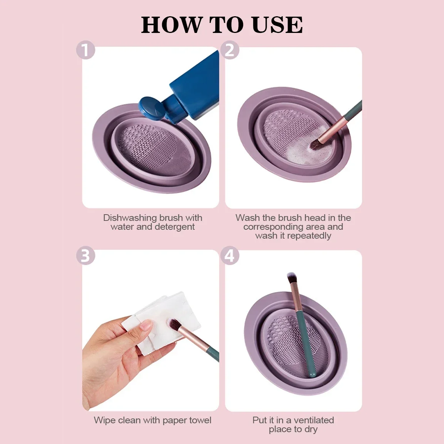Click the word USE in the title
coord(277,25)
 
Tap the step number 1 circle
coord(85,50)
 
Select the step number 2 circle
coord(230,50)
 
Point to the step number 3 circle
coord(85,256)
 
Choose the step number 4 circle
coord(230,256)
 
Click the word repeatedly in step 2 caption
coord(309,236)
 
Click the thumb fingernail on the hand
coord(147,326)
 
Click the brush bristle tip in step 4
coord(291,277)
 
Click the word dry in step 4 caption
coord(311,430)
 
